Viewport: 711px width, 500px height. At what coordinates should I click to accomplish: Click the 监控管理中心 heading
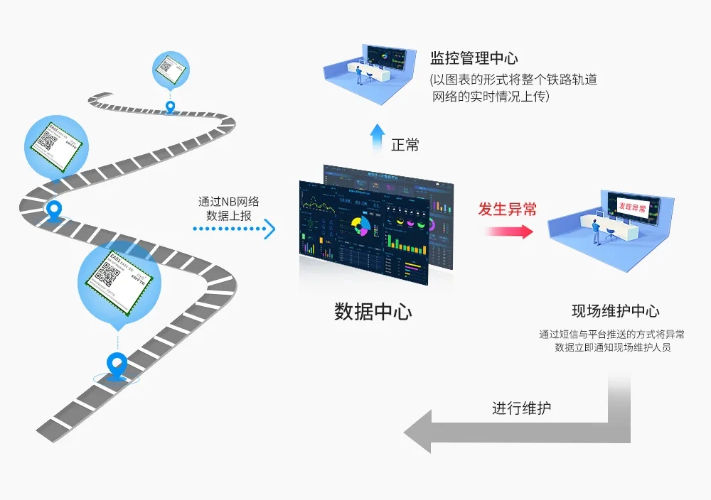coord(474,58)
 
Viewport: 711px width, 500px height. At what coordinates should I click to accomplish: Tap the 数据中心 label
coord(373,312)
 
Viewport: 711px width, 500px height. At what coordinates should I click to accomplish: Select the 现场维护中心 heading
coord(615,311)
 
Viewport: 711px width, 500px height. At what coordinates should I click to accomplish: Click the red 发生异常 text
coord(507,209)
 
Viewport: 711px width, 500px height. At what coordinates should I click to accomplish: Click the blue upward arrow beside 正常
coord(376,140)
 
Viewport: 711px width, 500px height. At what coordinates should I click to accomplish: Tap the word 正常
coord(405,145)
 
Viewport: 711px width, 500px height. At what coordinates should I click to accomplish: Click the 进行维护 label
coord(521,408)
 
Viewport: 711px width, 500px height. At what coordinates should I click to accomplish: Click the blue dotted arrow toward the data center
coord(234,229)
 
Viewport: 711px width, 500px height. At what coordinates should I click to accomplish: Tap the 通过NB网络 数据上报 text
coord(228,208)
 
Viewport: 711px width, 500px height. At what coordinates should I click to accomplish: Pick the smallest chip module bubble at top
coord(171,69)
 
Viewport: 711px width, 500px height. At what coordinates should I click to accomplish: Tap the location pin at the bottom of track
coord(114,365)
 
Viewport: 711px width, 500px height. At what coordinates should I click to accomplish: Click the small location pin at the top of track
coord(170,107)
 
